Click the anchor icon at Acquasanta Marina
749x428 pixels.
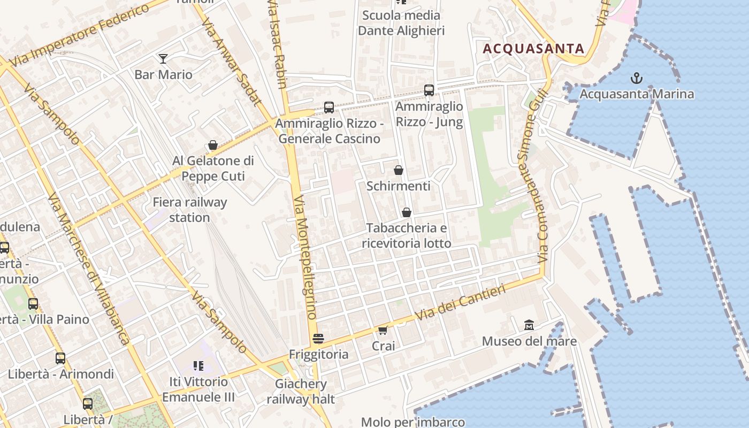tap(636, 79)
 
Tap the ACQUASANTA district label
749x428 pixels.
tap(533, 49)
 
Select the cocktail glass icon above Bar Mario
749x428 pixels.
tap(163, 59)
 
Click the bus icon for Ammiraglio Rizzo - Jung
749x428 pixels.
tap(429, 90)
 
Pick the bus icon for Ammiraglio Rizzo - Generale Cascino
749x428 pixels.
tap(329, 108)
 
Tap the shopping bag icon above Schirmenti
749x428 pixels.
tap(399, 171)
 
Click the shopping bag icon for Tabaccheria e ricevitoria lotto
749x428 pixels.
tap(407, 213)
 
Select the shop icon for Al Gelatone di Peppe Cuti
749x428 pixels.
tap(213, 146)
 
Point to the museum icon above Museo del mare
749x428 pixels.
tap(529, 325)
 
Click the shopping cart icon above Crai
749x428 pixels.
tap(383, 330)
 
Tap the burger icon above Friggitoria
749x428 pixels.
tap(318, 339)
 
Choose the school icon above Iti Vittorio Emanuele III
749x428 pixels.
tap(198, 366)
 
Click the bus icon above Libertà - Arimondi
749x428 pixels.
tap(60, 358)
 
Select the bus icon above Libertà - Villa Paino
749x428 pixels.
tap(33, 304)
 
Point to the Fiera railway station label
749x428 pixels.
tap(190, 210)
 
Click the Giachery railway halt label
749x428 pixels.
tap(300, 391)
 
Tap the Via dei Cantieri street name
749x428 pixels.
tap(460, 303)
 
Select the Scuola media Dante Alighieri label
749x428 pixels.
tap(401, 23)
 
